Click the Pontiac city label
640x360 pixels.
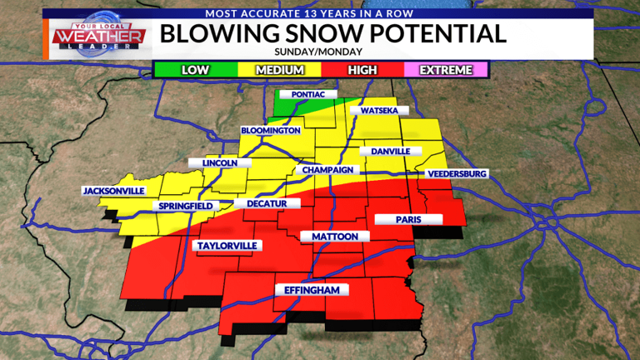(x=307, y=95)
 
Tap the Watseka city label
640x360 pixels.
(x=379, y=111)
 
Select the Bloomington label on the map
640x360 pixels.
(x=270, y=131)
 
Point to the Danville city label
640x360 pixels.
(x=390, y=152)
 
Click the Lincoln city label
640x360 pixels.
(x=220, y=163)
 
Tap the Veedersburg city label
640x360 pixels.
(x=456, y=173)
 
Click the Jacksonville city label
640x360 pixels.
(x=113, y=191)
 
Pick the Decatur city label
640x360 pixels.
(x=266, y=203)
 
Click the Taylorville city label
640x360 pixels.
(x=226, y=245)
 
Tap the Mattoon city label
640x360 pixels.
(x=334, y=237)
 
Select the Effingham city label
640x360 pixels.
(x=312, y=290)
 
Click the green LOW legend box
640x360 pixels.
(x=197, y=69)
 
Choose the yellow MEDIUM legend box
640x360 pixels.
(x=280, y=69)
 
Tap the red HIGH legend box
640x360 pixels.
(x=362, y=69)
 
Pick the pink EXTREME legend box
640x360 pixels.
(x=447, y=69)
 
